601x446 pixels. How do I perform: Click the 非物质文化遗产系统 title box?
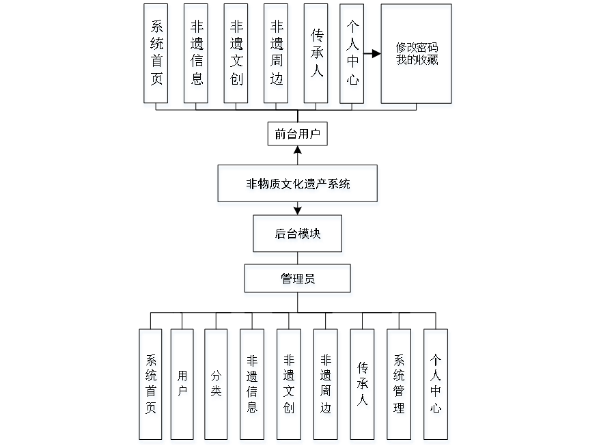pyautogui.click(x=298, y=185)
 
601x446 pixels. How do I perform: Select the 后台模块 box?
pyautogui.click(x=298, y=236)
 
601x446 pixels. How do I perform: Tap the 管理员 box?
pyautogui.click(x=298, y=281)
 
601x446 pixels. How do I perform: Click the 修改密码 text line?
pyautogui.click(x=417, y=49)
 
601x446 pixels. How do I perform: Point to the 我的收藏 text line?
pyautogui.click(x=417, y=61)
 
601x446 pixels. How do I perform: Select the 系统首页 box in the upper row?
pyautogui.click(x=157, y=56)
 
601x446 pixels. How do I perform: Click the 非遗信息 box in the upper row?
pyautogui.click(x=197, y=56)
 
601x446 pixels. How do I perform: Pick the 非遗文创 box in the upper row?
pyautogui.click(x=236, y=56)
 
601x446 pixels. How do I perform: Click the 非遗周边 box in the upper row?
pyautogui.click(x=277, y=56)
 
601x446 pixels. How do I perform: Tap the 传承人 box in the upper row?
pyautogui.click(x=317, y=56)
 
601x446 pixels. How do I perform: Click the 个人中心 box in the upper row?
pyautogui.click(x=353, y=56)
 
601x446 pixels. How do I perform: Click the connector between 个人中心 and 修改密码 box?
pyautogui.click(x=374, y=53)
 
